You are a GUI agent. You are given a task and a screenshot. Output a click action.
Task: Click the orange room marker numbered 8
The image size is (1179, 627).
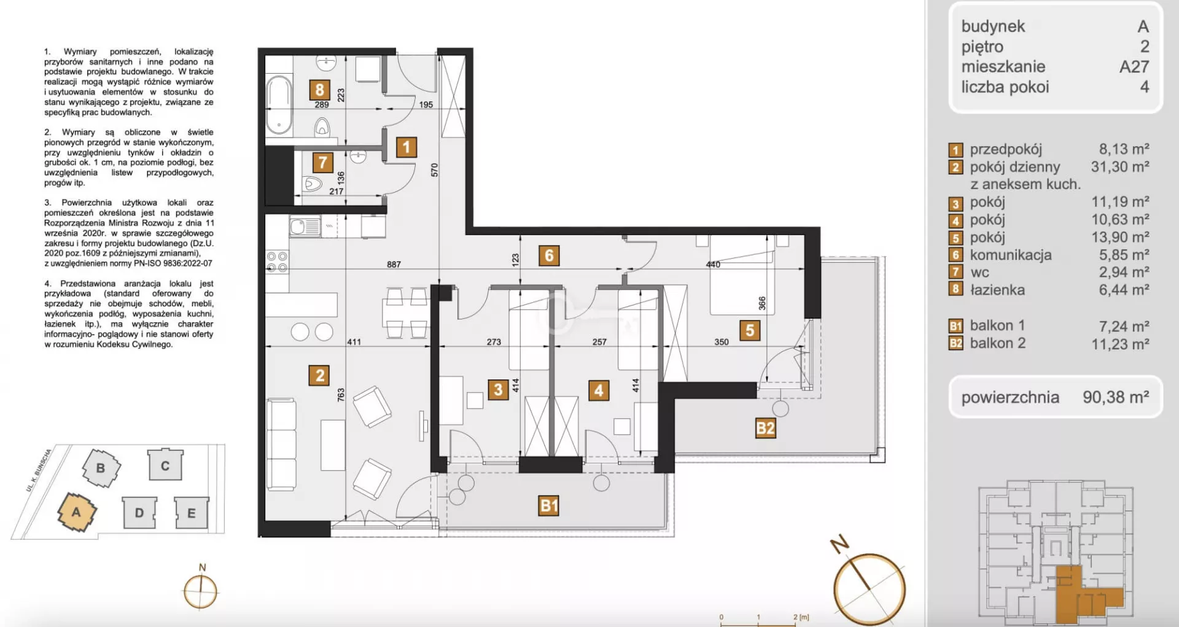coord(319,90)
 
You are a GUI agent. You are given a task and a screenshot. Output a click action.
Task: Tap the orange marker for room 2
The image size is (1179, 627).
coord(319,375)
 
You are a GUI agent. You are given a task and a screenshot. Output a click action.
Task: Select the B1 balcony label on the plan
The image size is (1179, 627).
coord(548,505)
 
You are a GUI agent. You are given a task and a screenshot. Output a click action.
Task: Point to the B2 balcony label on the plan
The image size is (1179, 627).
coord(765,428)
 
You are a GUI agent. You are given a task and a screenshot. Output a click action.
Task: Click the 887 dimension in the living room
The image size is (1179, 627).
coord(394,265)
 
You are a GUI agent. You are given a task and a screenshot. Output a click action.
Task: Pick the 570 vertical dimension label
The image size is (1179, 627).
coord(435,170)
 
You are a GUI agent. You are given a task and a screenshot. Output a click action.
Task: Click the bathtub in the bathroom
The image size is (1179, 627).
coord(279,104)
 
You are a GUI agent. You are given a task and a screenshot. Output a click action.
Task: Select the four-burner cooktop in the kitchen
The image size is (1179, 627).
coord(277,262)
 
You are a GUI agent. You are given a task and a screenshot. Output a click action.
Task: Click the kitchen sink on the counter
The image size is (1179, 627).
coord(305,227)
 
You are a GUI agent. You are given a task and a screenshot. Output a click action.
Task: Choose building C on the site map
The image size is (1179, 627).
coord(165,465)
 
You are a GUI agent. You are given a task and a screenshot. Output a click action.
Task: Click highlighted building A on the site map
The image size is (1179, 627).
coord(77,512)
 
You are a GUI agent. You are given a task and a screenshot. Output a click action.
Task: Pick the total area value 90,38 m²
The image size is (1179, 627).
coord(1116,397)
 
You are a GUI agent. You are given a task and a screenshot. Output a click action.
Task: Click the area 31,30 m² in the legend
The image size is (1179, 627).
coord(1120,166)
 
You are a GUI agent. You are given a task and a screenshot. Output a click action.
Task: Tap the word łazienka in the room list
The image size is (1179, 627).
coord(997,290)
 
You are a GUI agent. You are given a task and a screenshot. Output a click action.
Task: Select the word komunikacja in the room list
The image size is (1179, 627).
coord(1011,255)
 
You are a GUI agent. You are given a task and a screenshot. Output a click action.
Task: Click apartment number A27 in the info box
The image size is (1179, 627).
coord(1134,66)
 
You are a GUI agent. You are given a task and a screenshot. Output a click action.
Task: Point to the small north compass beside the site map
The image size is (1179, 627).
coord(201,590)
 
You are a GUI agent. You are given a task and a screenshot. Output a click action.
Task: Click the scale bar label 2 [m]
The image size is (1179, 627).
coord(801,617)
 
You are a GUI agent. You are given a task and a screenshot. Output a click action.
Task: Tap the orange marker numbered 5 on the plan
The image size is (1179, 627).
coord(750,330)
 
